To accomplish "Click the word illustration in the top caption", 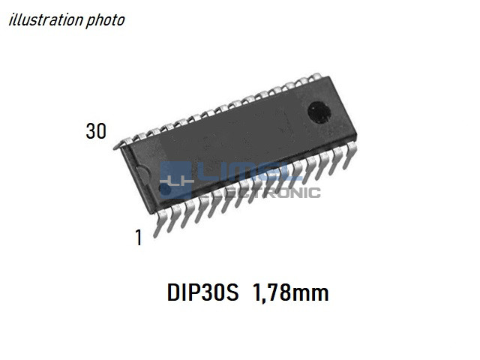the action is pos(46,20).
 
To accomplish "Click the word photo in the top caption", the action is pos(105,21).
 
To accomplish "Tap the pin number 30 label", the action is pos(96,131).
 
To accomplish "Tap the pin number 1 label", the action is pos(139,238).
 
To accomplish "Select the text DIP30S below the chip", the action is pos(202,292).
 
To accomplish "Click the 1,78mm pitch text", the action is pos(290,292).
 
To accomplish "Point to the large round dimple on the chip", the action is pos(319,112).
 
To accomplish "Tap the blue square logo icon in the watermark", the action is pos(175,180).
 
